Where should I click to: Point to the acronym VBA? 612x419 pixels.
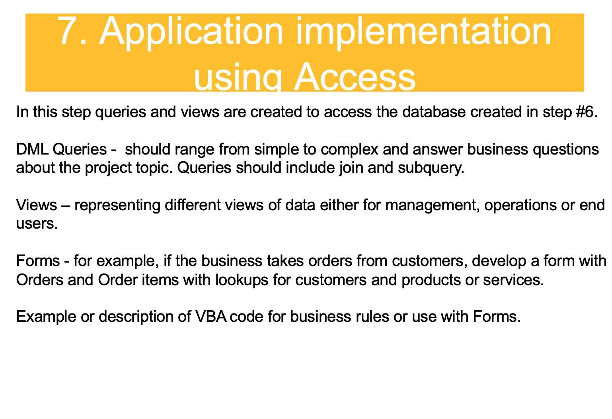[210, 317]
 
